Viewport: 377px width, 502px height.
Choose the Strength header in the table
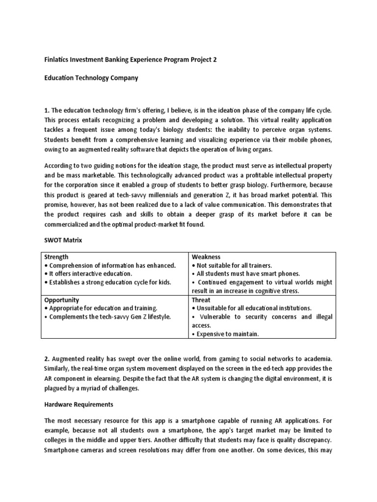coord(56,257)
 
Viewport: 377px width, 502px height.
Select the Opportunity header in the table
coord(62,300)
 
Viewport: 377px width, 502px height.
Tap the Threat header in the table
coord(202,300)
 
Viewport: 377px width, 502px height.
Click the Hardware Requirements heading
coord(79,404)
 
